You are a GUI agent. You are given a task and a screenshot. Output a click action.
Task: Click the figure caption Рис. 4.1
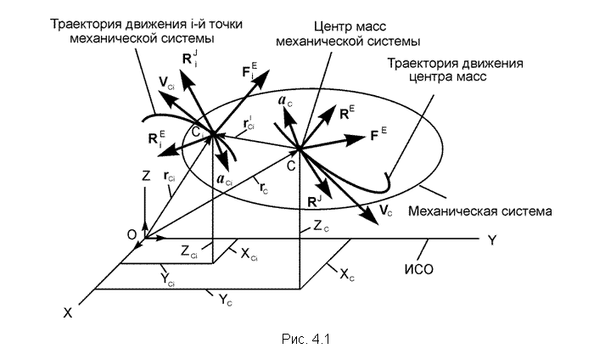tap(305, 339)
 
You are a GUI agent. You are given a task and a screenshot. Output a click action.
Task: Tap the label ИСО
tap(418, 269)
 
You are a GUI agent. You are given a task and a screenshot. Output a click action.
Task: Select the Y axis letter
tap(491, 240)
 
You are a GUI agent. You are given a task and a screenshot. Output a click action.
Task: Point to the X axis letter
tap(67, 313)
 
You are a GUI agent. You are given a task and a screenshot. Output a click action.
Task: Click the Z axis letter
tap(146, 176)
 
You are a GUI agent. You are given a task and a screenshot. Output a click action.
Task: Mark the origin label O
tap(132, 235)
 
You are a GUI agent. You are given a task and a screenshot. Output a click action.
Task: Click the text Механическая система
tap(479, 211)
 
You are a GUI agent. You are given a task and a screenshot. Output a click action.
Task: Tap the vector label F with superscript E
tap(378, 134)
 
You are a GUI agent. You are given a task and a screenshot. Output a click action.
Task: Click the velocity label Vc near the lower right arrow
tap(385, 211)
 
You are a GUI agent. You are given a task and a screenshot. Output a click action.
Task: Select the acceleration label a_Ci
tap(224, 180)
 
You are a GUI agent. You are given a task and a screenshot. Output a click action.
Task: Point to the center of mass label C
tap(291, 166)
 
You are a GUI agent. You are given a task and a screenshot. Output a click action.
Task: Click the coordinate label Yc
tap(226, 300)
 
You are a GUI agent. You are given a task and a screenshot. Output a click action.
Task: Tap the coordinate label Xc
tap(346, 274)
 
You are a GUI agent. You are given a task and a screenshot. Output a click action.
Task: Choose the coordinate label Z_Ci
tap(189, 251)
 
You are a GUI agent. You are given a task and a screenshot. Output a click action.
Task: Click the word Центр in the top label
tap(331, 27)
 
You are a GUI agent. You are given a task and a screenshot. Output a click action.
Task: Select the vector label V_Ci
tap(166, 83)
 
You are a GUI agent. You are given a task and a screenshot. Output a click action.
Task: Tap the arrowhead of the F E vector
tap(356, 139)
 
